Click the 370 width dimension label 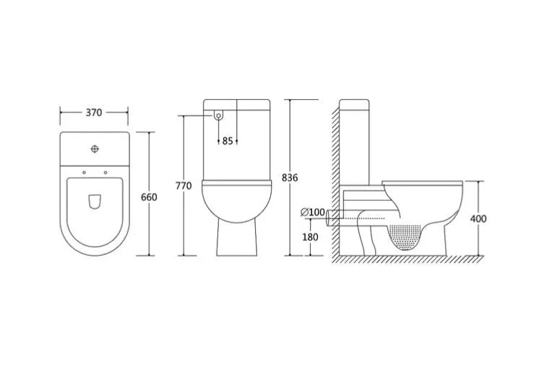94,113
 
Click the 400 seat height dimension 478,218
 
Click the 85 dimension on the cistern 228,141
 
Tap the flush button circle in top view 94,150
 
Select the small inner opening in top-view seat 94,203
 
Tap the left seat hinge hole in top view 84,172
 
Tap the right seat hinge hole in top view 105,172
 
